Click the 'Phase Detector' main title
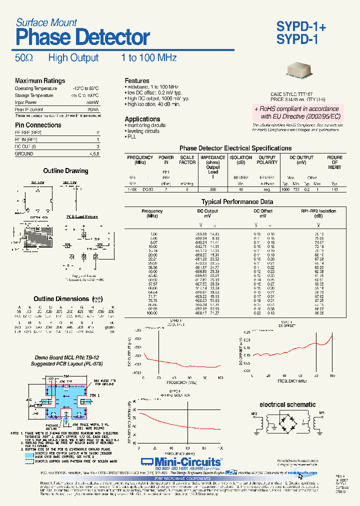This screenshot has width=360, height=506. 82,37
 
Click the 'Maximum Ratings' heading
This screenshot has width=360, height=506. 40,81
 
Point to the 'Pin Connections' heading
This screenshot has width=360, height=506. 38,125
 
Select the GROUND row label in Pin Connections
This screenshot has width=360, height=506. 24,154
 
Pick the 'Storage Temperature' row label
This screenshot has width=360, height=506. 34,95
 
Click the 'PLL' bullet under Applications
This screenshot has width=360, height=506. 131,136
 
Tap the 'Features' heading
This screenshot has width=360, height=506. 137,80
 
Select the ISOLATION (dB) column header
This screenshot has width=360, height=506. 241,159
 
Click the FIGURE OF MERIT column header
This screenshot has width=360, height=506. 334,162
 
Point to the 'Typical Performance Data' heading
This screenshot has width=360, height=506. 237,202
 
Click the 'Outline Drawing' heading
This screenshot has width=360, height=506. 65,171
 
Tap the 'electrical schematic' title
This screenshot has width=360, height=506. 287,404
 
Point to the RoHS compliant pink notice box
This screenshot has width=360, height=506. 296,112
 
